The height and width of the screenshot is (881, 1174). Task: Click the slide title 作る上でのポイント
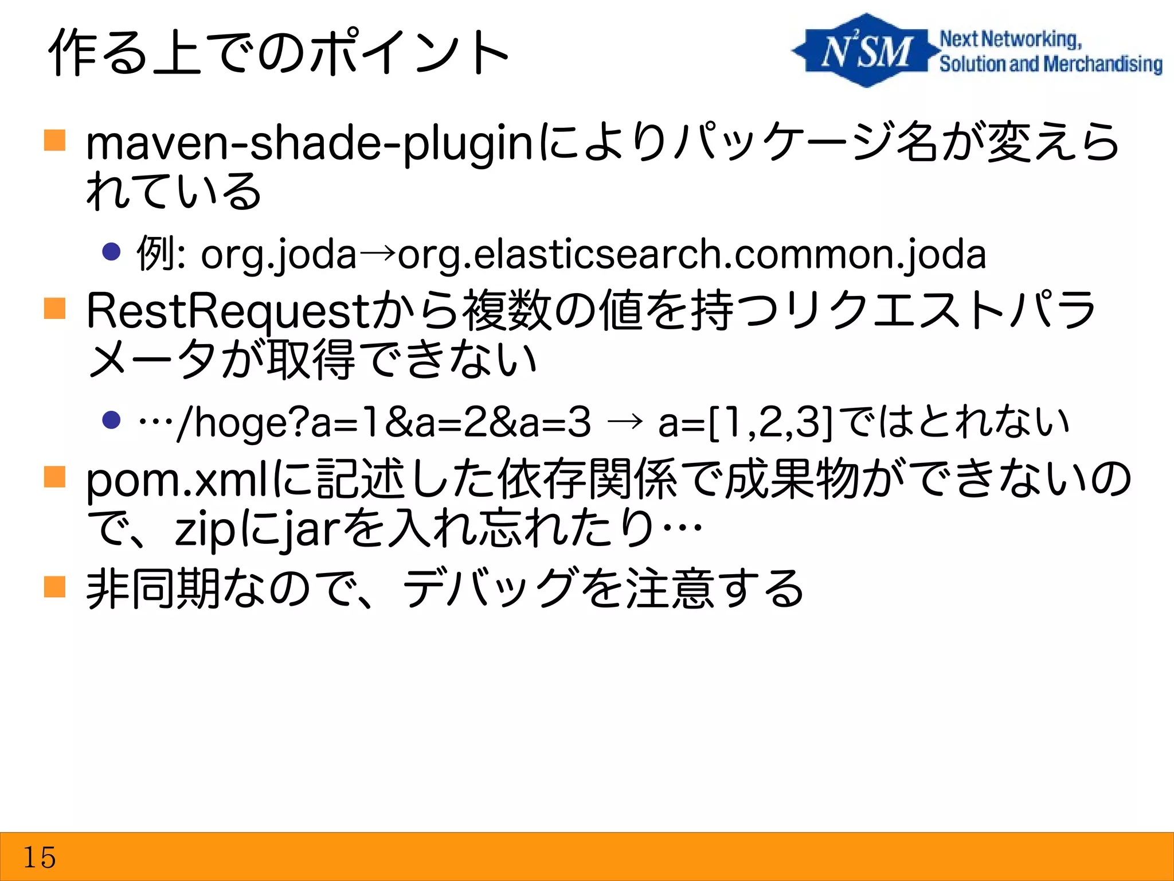pos(279,53)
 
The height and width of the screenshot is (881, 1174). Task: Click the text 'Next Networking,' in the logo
pos(1011,39)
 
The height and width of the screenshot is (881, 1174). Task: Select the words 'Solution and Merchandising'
pos(1050,64)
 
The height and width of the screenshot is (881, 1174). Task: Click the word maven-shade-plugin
pos(310,143)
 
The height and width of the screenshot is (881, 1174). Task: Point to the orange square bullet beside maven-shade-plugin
pos(55,140)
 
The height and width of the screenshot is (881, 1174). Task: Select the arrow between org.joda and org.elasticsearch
pos(377,252)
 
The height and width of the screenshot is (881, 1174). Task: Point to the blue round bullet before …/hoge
pos(111,419)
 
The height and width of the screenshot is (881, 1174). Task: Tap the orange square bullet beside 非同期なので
pos(55,587)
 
